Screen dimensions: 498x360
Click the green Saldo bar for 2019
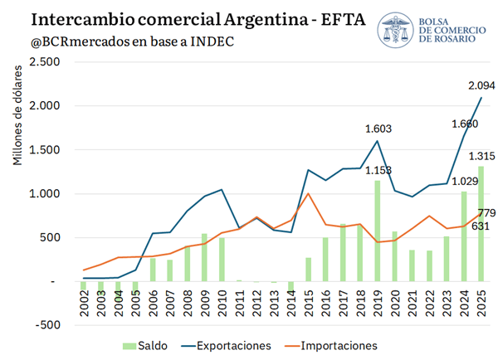[x=378, y=231]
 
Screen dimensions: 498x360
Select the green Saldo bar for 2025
[x=481, y=224]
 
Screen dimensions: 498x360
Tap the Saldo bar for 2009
[x=204, y=257]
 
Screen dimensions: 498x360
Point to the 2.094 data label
[x=481, y=85]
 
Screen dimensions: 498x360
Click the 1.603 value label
[x=378, y=129]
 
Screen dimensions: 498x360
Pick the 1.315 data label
[x=481, y=156]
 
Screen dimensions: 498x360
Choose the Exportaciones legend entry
[x=226, y=346]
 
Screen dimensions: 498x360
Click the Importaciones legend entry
[x=331, y=346]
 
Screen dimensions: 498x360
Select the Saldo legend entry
[x=145, y=346]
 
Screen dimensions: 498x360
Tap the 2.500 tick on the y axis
[x=45, y=61]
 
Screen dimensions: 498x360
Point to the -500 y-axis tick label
[x=47, y=325]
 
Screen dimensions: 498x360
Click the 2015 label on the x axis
[x=308, y=303]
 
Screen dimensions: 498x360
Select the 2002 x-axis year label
[x=84, y=303]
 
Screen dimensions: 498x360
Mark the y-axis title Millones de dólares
[x=17, y=115]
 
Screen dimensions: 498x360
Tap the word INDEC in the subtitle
[x=212, y=41]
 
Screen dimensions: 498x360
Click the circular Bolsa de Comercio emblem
[x=395, y=30]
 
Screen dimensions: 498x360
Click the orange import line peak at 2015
[x=308, y=193]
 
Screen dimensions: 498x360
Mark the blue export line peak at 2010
[x=222, y=189]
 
